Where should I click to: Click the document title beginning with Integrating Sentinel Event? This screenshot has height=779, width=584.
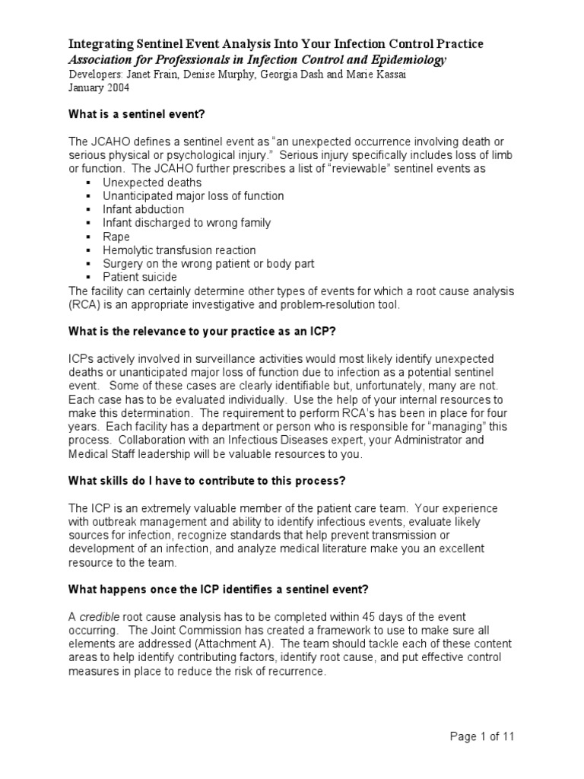click(276, 45)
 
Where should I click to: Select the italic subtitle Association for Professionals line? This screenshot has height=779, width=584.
click(257, 59)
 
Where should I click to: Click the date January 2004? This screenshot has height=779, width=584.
click(99, 87)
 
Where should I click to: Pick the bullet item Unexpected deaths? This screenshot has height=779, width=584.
click(152, 183)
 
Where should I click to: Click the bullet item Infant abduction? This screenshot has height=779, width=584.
click(144, 209)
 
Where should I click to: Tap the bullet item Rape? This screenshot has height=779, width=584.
click(116, 237)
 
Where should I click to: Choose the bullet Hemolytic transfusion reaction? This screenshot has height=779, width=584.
click(179, 250)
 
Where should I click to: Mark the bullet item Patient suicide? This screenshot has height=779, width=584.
click(140, 278)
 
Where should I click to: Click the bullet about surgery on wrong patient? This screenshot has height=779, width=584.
click(208, 264)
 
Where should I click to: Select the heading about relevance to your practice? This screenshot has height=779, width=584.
click(198, 332)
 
